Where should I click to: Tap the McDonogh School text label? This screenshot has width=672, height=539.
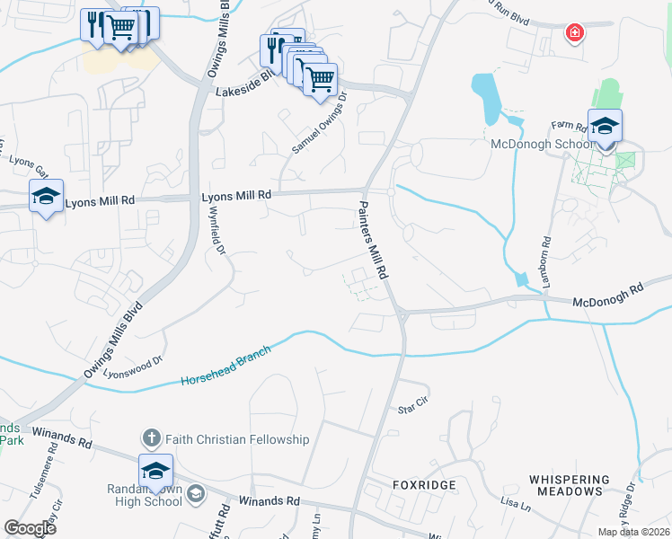point(542,144)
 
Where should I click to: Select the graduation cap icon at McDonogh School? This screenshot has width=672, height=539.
point(606,126)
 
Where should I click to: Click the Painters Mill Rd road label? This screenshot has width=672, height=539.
point(370,239)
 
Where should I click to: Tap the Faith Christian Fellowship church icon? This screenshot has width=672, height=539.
point(151,439)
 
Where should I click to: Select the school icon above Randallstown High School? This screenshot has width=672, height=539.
point(155,471)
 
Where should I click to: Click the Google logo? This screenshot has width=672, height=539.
point(30,528)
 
